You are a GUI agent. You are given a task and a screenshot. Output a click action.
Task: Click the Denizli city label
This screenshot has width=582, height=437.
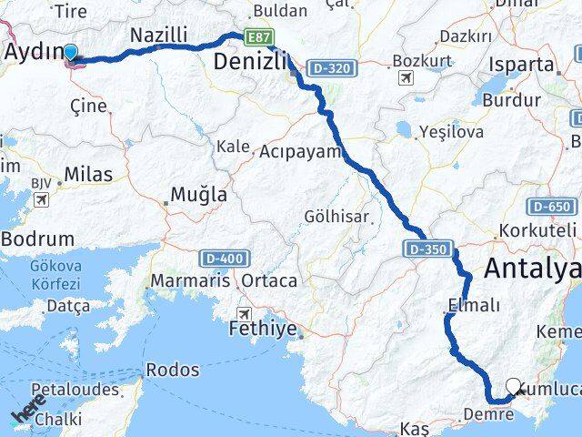[252, 62]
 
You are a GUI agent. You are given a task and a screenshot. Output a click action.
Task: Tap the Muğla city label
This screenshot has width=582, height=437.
[199, 195]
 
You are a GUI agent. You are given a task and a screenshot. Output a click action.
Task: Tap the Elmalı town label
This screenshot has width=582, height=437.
[474, 305]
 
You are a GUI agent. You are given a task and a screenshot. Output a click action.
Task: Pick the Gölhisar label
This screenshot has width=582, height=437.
[337, 216]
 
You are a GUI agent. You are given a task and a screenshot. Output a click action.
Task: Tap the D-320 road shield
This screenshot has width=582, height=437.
[330, 68]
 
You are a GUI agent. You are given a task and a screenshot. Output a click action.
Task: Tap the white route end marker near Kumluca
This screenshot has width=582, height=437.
[514, 387]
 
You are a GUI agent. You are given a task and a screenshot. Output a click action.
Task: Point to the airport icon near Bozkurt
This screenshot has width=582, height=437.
[405, 76]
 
